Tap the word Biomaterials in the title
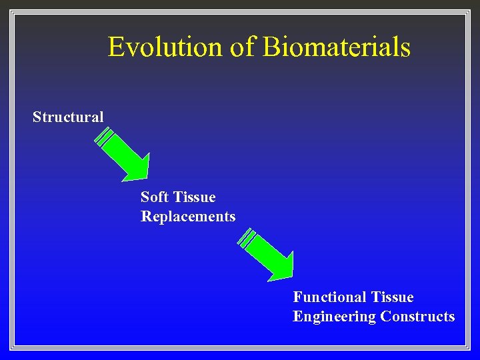coord(336,47)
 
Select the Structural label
coord(68,117)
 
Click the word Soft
coord(155,197)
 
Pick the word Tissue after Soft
coord(194,197)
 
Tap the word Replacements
coord(188,217)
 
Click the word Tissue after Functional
coord(392,297)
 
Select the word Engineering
coord(334,317)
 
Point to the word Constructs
coord(417,317)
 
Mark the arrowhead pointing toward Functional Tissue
coord(282,269)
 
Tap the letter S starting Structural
coord(37,117)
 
